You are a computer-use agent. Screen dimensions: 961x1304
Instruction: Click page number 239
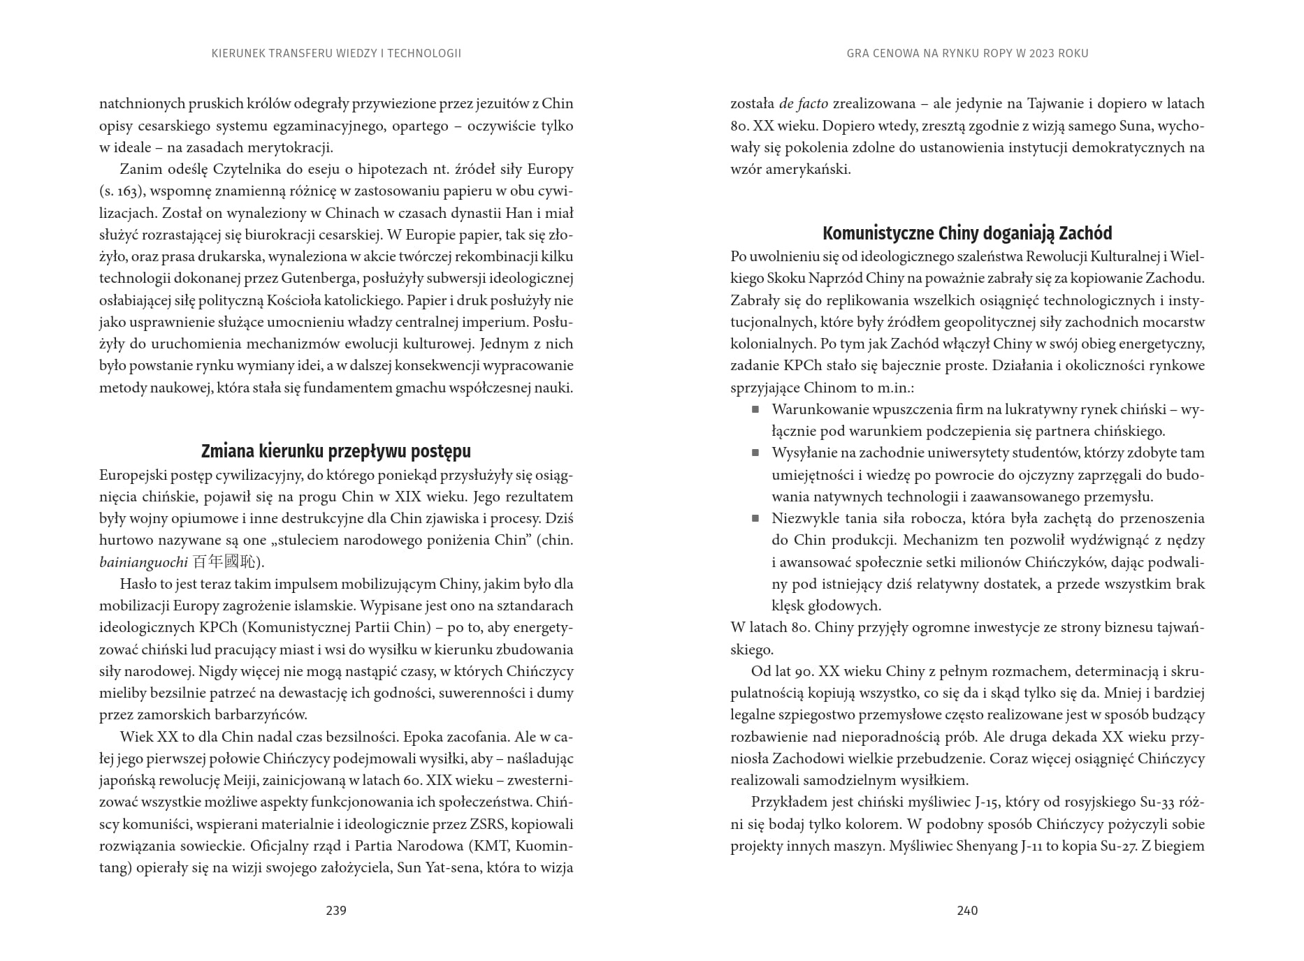[336, 910]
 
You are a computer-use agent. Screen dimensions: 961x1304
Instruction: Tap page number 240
[967, 910]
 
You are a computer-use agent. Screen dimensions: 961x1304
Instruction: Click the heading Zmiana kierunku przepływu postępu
[336, 451]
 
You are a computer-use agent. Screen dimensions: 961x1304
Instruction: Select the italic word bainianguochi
[143, 562]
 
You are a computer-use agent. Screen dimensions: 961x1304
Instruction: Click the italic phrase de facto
[803, 104]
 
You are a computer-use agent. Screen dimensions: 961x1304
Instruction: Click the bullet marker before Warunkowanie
[755, 409]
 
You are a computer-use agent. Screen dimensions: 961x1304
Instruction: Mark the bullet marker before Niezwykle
[755, 518]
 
